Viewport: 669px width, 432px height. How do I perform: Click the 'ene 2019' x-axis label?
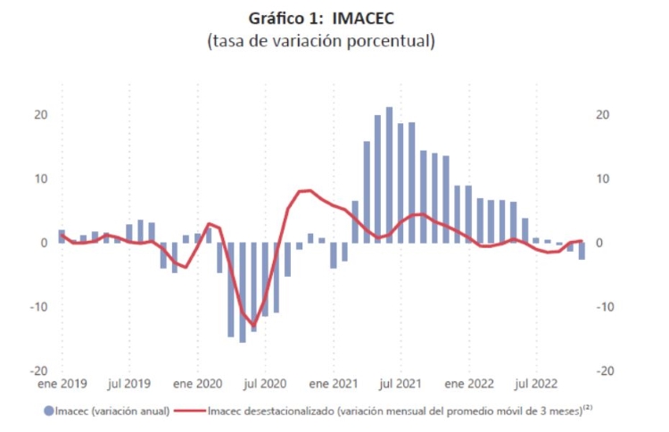[62, 385]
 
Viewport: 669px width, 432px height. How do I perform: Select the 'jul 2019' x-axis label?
[128, 385]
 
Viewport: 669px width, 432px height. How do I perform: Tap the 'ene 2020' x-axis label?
[197, 385]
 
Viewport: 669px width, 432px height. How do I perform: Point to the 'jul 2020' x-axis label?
[265, 385]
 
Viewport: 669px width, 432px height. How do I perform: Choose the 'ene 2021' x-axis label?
[333, 385]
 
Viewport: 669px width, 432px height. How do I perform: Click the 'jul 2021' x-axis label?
[401, 385]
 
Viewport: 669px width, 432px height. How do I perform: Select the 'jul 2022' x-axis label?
[536, 385]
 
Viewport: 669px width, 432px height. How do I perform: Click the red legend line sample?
[189, 411]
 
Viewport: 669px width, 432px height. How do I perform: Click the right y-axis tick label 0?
[599, 243]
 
